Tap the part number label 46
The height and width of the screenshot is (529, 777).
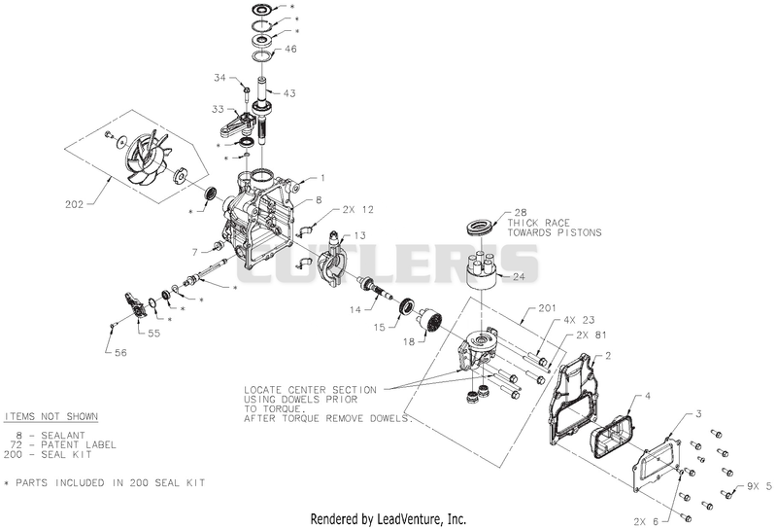(290, 49)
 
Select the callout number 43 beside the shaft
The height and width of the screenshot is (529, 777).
(288, 93)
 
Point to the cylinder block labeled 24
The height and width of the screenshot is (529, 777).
(483, 270)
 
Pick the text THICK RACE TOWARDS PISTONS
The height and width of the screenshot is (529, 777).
(554, 228)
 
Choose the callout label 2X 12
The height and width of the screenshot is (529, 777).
(357, 210)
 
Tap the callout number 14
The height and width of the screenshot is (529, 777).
(355, 309)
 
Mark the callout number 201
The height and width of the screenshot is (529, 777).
(548, 308)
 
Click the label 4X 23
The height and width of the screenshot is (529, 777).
(578, 320)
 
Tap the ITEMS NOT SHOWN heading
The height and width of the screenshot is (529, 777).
(51, 416)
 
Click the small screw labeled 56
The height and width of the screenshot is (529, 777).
(112, 325)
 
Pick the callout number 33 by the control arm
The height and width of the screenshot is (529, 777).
(218, 109)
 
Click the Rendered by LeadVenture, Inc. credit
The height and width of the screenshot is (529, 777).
(388, 519)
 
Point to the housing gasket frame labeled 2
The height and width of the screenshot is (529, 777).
(575, 397)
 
